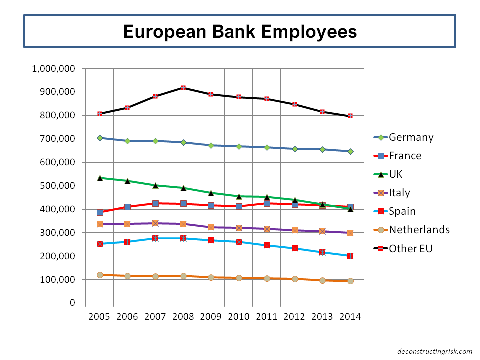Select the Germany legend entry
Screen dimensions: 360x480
(411, 137)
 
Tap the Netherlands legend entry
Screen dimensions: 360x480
(419, 230)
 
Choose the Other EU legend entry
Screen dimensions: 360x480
(410, 248)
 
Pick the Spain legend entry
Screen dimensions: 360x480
(402, 211)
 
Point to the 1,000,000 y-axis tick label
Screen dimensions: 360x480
(53, 69)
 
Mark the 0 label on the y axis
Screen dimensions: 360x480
(72, 303)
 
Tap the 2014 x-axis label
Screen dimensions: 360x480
(350, 317)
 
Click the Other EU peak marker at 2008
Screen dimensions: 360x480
(183, 88)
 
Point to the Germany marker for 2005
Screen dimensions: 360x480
(100, 138)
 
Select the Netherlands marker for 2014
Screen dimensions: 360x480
(350, 281)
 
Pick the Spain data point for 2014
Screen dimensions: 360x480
(350, 256)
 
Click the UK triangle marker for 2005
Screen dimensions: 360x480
(100, 178)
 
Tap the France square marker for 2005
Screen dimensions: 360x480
(100, 212)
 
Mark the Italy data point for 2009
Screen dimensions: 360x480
(211, 227)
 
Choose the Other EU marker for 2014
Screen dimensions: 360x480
(350, 116)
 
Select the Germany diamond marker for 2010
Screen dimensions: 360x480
(239, 146)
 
